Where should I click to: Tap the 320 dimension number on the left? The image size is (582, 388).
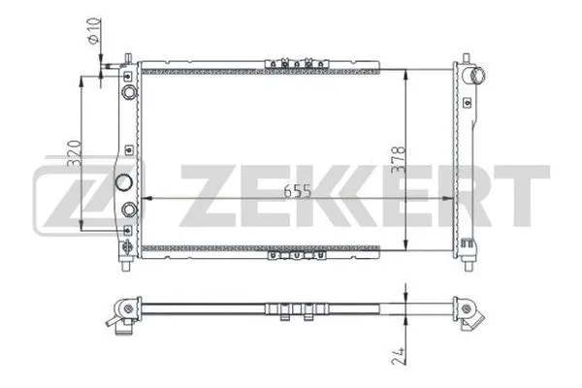[74, 154]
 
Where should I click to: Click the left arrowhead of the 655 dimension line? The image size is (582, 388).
[145, 198]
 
